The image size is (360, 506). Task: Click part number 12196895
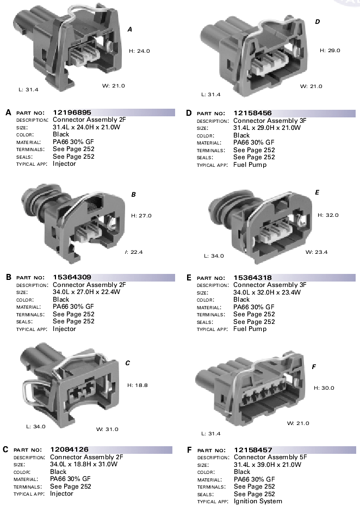pyautogui.click(x=72, y=113)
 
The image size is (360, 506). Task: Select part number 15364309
pyautogui.click(x=72, y=277)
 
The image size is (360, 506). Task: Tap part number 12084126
pyautogui.click(x=69, y=449)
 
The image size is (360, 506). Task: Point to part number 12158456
pyautogui.click(x=252, y=113)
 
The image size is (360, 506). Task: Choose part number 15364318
pyautogui.click(x=252, y=278)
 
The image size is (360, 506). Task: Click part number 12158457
pyautogui.click(x=253, y=450)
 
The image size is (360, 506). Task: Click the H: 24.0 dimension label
pyautogui.click(x=139, y=51)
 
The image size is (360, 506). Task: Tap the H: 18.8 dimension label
pyautogui.click(x=138, y=385)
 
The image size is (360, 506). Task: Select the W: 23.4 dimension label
pyautogui.click(x=316, y=252)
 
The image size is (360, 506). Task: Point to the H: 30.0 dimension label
pyautogui.click(x=324, y=388)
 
